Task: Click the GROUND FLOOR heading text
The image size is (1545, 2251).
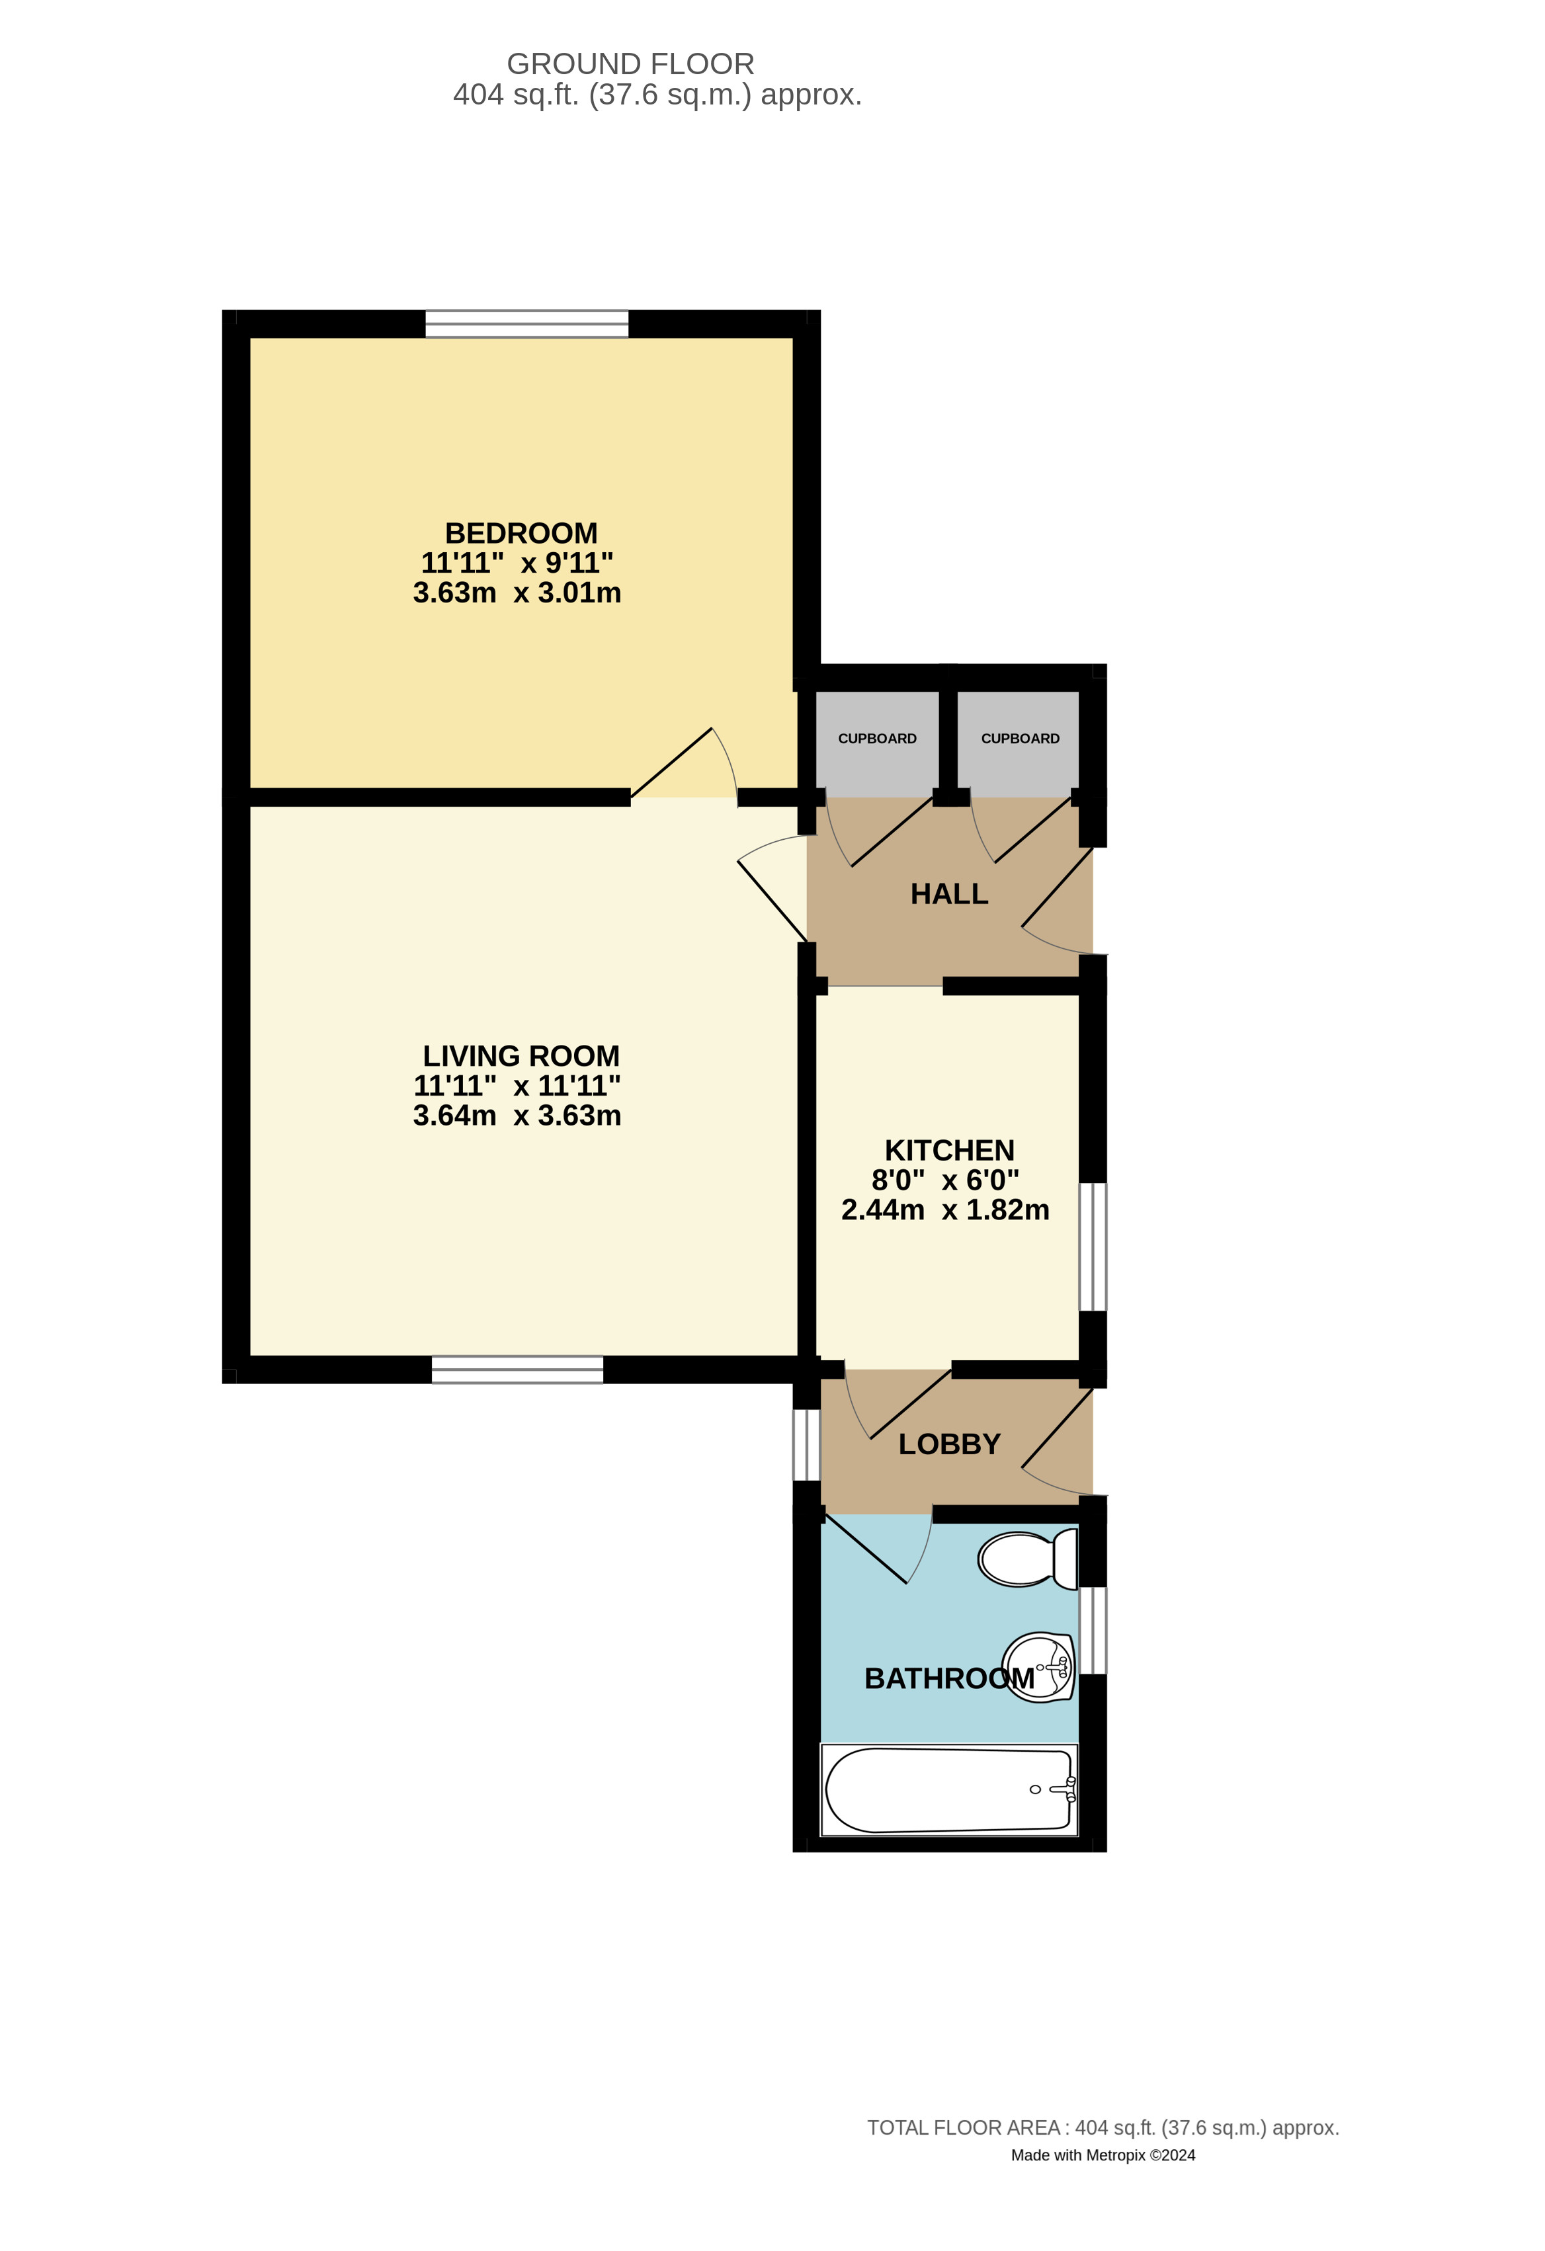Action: tap(630, 64)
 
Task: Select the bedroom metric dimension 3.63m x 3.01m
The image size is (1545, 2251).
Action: tap(517, 593)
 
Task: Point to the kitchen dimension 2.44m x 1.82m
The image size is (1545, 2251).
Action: tap(944, 1209)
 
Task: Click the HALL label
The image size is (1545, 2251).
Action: tap(948, 894)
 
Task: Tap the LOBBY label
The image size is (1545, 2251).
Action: tap(948, 1444)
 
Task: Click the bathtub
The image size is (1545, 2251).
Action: tap(948, 1790)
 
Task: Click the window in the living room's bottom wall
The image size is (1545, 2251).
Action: tap(517, 1370)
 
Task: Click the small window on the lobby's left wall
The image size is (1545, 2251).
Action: tap(806, 1445)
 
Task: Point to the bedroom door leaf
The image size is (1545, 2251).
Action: tap(671, 762)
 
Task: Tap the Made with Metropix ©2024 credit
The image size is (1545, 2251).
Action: tap(1103, 2155)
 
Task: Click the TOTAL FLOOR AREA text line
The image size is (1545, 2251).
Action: tap(1103, 2128)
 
